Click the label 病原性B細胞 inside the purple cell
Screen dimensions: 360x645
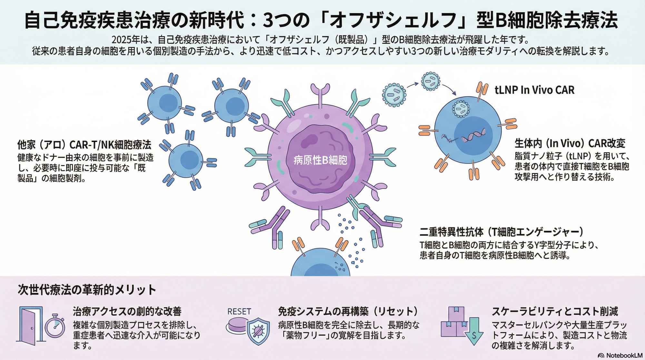click(x=320, y=160)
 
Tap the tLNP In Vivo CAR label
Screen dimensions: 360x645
click(x=534, y=90)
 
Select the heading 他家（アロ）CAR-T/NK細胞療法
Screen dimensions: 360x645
click(x=84, y=145)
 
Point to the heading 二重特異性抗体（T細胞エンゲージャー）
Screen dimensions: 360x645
click(x=501, y=232)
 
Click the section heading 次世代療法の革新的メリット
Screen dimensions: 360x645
click(x=87, y=290)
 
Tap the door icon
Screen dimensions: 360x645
click(x=30, y=324)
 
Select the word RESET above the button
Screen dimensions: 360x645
click(x=239, y=312)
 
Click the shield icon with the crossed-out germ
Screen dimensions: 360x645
click(x=258, y=330)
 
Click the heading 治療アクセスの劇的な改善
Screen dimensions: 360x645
click(x=127, y=311)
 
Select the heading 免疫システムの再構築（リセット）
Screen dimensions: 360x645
click(x=348, y=311)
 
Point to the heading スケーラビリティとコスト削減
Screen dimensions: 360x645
click(x=555, y=311)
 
